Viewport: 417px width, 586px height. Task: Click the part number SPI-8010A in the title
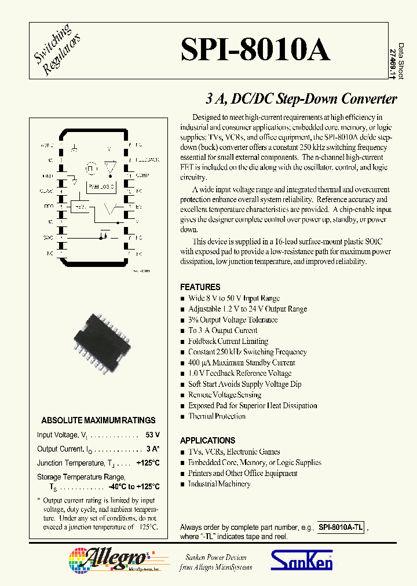(x=255, y=50)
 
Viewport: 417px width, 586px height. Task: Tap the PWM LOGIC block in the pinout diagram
(x=100, y=186)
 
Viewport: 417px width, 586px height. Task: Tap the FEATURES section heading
(x=200, y=287)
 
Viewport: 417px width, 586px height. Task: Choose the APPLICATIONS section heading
(x=207, y=441)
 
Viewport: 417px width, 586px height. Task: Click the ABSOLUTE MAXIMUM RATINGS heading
(x=98, y=420)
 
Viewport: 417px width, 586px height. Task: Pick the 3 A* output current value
(x=153, y=449)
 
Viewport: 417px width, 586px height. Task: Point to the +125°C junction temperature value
(x=148, y=463)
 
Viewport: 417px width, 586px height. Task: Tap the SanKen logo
(x=302, y=560)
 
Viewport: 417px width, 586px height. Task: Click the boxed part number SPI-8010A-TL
(x=341, y=528)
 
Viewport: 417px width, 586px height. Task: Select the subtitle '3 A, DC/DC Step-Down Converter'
(x=301, y=98)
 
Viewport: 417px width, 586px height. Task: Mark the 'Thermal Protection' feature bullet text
(x=217, y=416)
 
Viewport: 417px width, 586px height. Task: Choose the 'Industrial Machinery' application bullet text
(x=219, y=484)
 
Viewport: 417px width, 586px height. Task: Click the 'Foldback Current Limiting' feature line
(x=228, y=341)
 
